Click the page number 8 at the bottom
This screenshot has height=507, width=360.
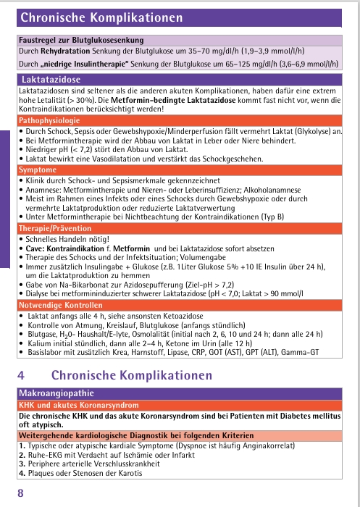[20, 493]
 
